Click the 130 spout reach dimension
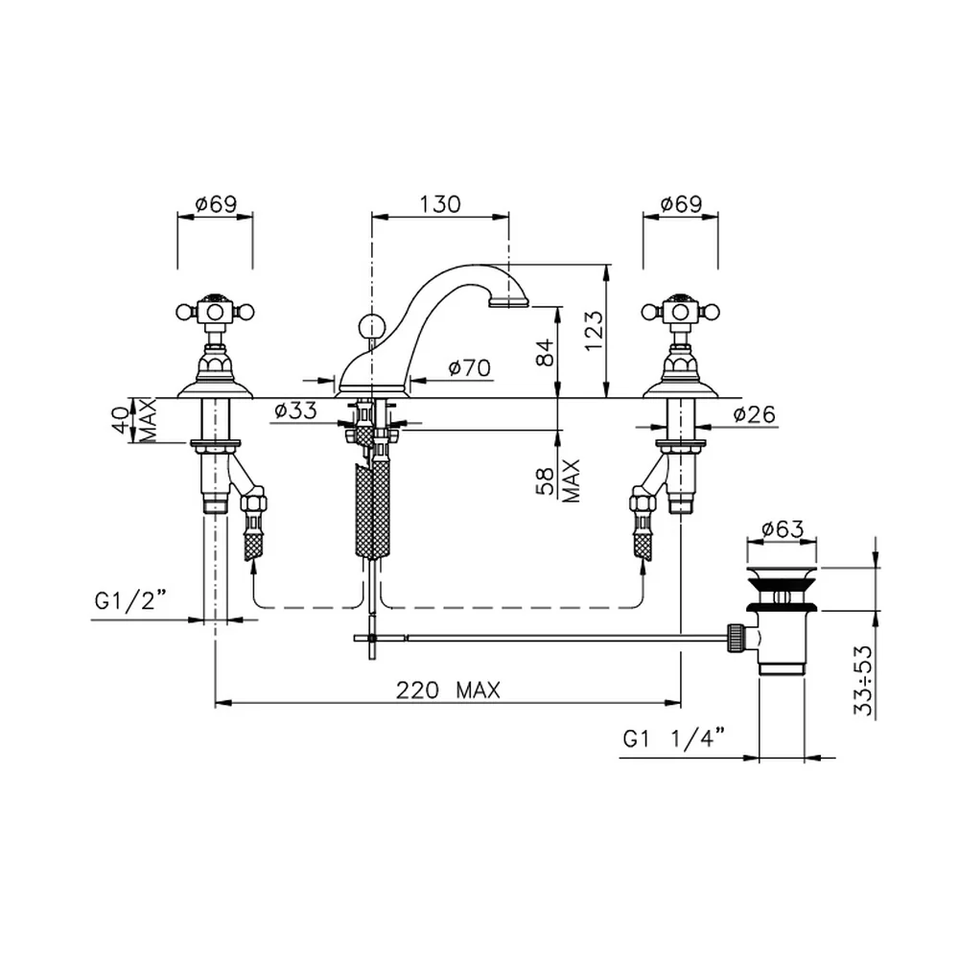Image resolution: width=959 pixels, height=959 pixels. coord(440,203)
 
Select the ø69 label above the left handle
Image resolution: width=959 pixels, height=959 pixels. coord(215,203)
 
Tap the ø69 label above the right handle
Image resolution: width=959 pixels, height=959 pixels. coord(681,203)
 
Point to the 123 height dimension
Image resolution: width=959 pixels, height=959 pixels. coord(594,331)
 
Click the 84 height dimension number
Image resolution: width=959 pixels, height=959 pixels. coord(545,352)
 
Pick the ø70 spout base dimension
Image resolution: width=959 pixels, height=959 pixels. coord(469,367)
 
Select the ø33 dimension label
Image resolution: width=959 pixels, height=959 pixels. coord(295,410)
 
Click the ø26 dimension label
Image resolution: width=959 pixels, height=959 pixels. coord(754,414)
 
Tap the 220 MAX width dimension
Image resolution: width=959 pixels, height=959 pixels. coord(448,690)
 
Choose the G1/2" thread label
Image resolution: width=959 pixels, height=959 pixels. coord(130,601)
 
